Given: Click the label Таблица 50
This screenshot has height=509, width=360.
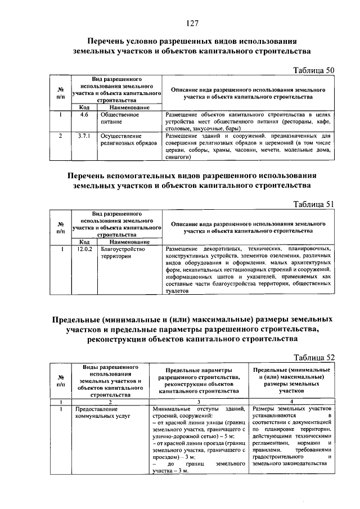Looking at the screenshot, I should click(x=314, y=70).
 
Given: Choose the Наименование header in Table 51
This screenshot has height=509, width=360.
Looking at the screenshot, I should click(x=129, y=241).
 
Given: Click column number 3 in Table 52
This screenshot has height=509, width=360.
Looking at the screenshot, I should click(x=199, y=401).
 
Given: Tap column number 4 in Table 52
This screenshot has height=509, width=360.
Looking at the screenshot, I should click(x=291, y=401).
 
